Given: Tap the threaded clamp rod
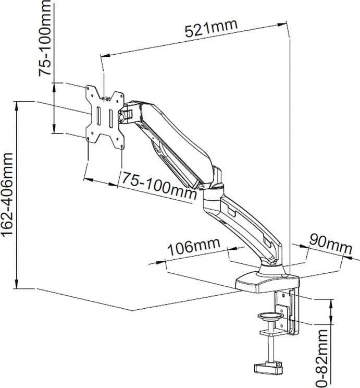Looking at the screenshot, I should (x=270, y=347).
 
